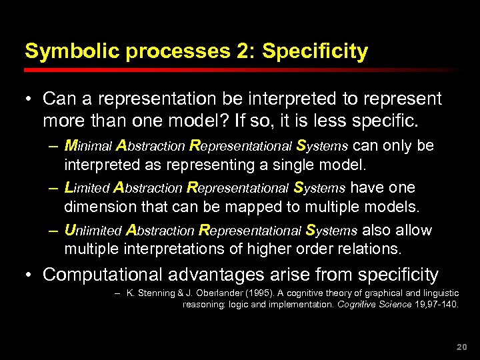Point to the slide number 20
459,347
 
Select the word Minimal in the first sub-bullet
88,145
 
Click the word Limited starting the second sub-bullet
87,188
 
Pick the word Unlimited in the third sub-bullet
93,231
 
